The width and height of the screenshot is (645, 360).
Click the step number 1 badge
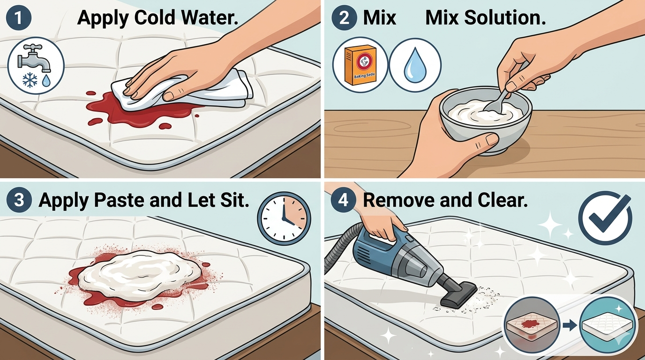click(18, 17)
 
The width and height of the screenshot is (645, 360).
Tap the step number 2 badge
click(344, 17)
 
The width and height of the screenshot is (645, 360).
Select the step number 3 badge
click(19, 200)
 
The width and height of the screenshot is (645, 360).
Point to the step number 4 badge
click(344, 200)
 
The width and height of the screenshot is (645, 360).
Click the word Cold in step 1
click(154, 17)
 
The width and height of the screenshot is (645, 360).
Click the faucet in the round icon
click(34, 58)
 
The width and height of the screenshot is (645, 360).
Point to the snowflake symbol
click(30, 80)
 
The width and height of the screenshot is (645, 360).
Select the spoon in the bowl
click(501, 95)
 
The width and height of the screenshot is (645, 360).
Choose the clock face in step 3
click(284, 219)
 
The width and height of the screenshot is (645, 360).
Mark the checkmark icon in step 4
click(605, 218)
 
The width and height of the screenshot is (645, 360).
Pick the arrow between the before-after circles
click(570, 326)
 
